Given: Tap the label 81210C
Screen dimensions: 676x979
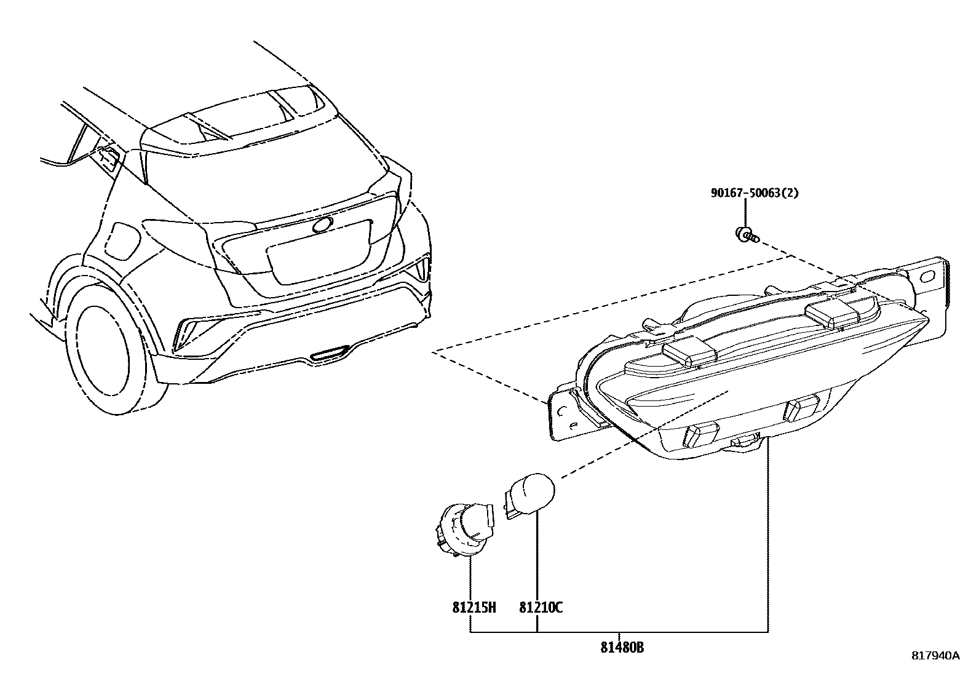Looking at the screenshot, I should click(x=541, y=608).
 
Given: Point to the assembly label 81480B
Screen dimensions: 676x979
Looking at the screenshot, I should click(x=622, y=648).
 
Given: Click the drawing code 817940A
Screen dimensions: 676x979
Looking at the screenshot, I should click(x=935, y=655).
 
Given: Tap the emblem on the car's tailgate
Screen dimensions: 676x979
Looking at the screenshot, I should click(x=322, y=225).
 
